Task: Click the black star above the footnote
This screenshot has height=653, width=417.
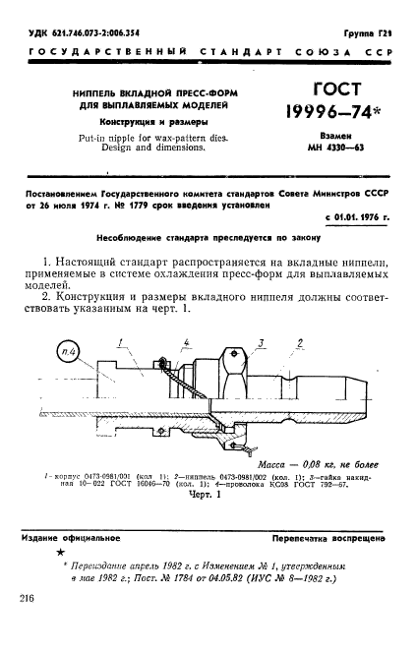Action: pos(61,555)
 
